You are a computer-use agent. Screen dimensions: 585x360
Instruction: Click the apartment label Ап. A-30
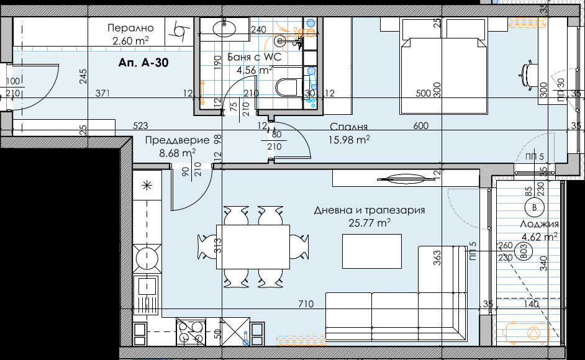(143, 63)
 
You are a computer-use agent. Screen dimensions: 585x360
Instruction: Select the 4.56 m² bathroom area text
(255, 70)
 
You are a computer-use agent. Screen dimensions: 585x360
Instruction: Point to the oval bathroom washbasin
(224, 28)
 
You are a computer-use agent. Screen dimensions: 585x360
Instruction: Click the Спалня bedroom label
(349, 127)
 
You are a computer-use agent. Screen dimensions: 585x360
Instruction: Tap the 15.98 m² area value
(349, 140)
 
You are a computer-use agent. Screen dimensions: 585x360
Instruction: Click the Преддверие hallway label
(177, 140)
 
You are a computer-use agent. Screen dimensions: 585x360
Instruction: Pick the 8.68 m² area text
(178, 153)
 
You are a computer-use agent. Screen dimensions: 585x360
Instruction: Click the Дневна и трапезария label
(370, 210)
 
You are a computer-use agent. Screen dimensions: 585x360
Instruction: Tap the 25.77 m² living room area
(370, 223)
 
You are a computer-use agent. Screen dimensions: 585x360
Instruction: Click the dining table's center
(253, 246)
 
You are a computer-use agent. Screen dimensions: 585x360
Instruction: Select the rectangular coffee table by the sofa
(372, 251)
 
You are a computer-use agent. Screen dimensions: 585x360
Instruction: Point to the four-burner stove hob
(191, 331)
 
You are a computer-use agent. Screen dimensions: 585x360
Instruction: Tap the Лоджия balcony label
(540, 224)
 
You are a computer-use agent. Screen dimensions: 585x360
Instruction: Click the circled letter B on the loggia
(534, 207)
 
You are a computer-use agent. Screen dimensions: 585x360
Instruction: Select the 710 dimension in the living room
(306, 304)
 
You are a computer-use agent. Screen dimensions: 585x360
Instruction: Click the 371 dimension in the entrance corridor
(102, 93)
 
